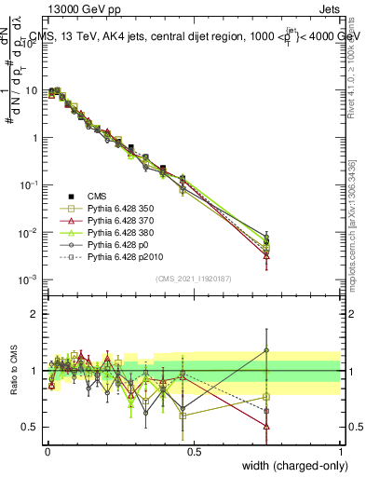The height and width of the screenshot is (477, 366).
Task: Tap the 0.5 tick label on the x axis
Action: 194,452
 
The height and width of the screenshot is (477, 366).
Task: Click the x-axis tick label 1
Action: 341,452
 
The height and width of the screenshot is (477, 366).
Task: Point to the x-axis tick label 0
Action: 47,452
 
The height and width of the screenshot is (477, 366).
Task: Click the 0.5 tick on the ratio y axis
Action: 32,427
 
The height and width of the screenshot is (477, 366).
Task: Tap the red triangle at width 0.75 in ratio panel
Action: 267,426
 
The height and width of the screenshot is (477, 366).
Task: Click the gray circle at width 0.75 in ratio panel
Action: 267,350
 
